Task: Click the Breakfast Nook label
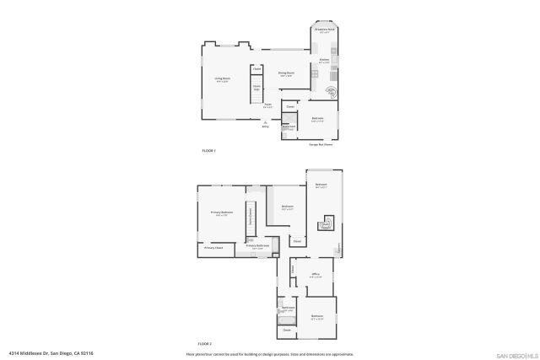pos(324,30)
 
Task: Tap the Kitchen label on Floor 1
pos(324,60)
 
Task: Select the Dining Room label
pos(287,73)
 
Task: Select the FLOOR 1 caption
pos(208,150)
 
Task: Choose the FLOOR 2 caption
pos(205,344)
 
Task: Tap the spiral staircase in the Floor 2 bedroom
pos(325,224)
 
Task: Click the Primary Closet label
pos(213,248)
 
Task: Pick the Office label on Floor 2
pos(315,275)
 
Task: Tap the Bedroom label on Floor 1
pos(317,118)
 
